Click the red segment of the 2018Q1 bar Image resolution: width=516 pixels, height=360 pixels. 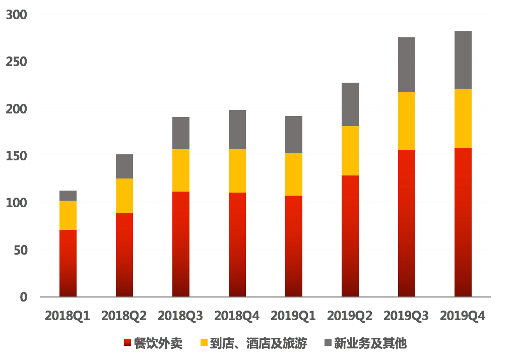[x=68, y=263]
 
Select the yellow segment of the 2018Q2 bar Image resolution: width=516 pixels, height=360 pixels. [x=124, y=196]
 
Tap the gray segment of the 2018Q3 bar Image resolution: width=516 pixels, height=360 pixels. [x=181, y=133]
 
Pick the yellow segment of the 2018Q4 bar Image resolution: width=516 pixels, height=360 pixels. [x=237, y=171]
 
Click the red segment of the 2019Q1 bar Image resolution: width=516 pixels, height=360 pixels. [x=294, y=246]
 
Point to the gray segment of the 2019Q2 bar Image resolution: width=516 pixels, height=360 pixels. [x=350, y=104]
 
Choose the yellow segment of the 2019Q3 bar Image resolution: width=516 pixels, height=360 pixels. [x=407, y=121]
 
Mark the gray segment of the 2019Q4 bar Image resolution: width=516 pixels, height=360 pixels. [x=463, y=60]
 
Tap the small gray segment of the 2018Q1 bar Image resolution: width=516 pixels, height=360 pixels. [x=68, y=196]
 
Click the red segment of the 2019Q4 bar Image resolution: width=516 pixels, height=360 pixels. [x=463, y=222]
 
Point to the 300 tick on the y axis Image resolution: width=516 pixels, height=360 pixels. [x=17, y=15]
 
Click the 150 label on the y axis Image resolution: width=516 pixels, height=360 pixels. [x=17, y=156]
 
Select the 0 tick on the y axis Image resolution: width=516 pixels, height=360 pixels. [x=23, y=297]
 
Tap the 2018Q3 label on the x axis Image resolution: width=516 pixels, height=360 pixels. [x=180, y=316]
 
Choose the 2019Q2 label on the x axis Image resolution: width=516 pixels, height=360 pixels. [x=350, y=316]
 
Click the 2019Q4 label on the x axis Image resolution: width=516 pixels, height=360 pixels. [x=463, y=316]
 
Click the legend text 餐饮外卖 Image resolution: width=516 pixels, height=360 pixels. [x=158, y=343]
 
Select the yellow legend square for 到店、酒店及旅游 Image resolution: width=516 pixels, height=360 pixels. [x=204, y=343]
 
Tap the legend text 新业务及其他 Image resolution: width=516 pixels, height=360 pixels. [x=370, y=343]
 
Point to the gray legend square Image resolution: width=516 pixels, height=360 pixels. [x=328, y=343]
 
